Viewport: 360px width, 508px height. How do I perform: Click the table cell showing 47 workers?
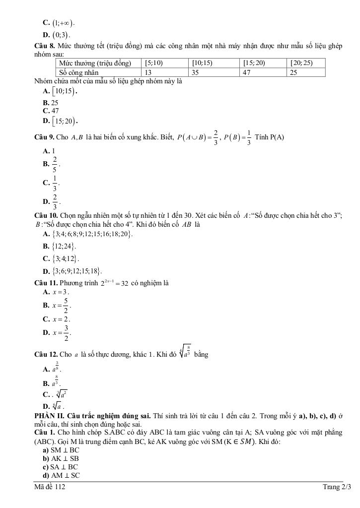click(264, 72)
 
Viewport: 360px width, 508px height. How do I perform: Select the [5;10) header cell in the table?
click(166, 63)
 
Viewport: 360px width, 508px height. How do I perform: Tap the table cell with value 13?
click(166, 72)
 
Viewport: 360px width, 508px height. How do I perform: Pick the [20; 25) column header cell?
click(306, 63)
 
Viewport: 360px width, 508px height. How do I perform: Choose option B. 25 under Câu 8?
click(51, 103)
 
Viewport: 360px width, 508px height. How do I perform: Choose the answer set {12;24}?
click(60, 246)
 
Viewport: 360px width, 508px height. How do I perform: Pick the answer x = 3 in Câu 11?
click(56, 292)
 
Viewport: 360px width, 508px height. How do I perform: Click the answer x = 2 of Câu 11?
click(57, 319)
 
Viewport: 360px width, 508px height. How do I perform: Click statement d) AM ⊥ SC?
click(62, 475)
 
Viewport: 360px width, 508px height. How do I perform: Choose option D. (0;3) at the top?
click(57, 35)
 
